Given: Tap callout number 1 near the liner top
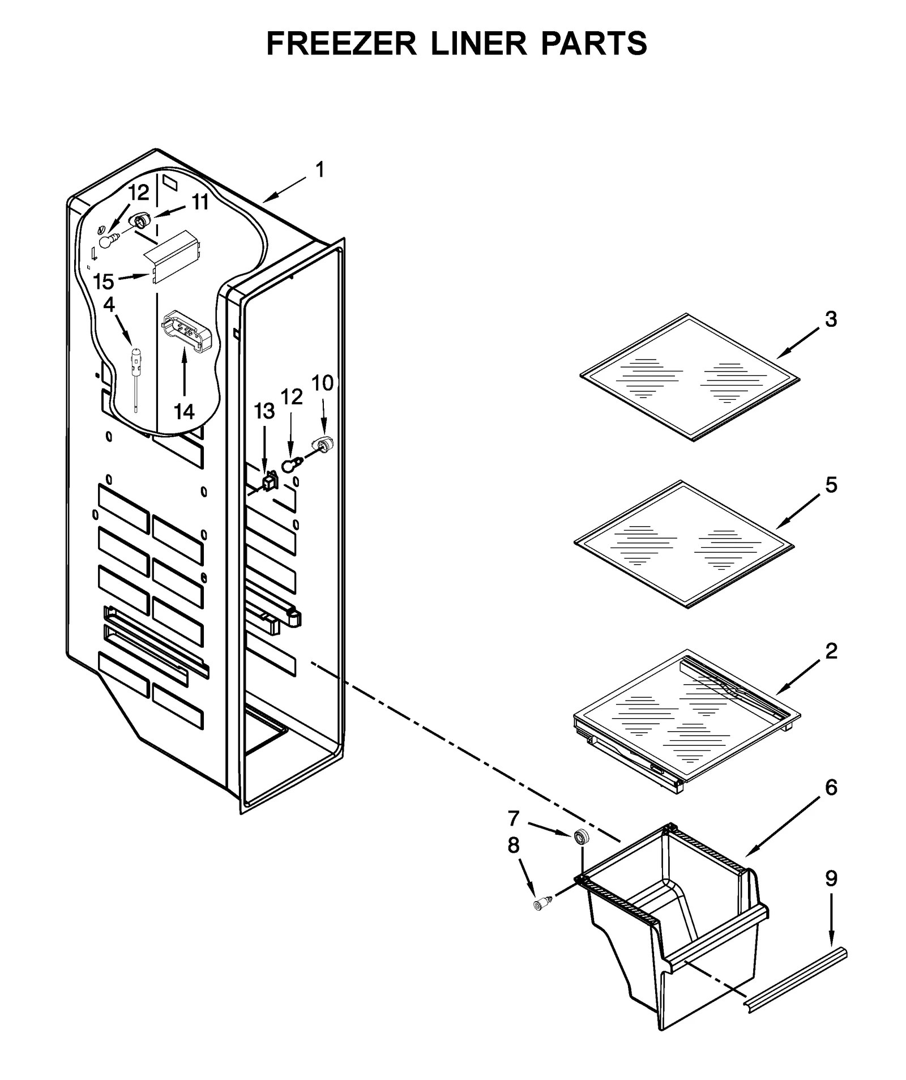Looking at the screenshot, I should [319, 169].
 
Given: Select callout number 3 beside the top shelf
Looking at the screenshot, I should [830, 319].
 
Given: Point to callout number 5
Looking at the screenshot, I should [831, 485].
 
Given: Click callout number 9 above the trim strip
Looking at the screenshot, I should [831, 878].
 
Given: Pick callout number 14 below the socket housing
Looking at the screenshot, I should [184, 412].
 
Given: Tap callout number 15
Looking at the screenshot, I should [104, 281].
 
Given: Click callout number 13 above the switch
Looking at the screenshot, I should [264, 412].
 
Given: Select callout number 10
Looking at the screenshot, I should [323, 383].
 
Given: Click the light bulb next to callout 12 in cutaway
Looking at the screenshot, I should [107, 241].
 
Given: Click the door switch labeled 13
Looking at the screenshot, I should [269, 480].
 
